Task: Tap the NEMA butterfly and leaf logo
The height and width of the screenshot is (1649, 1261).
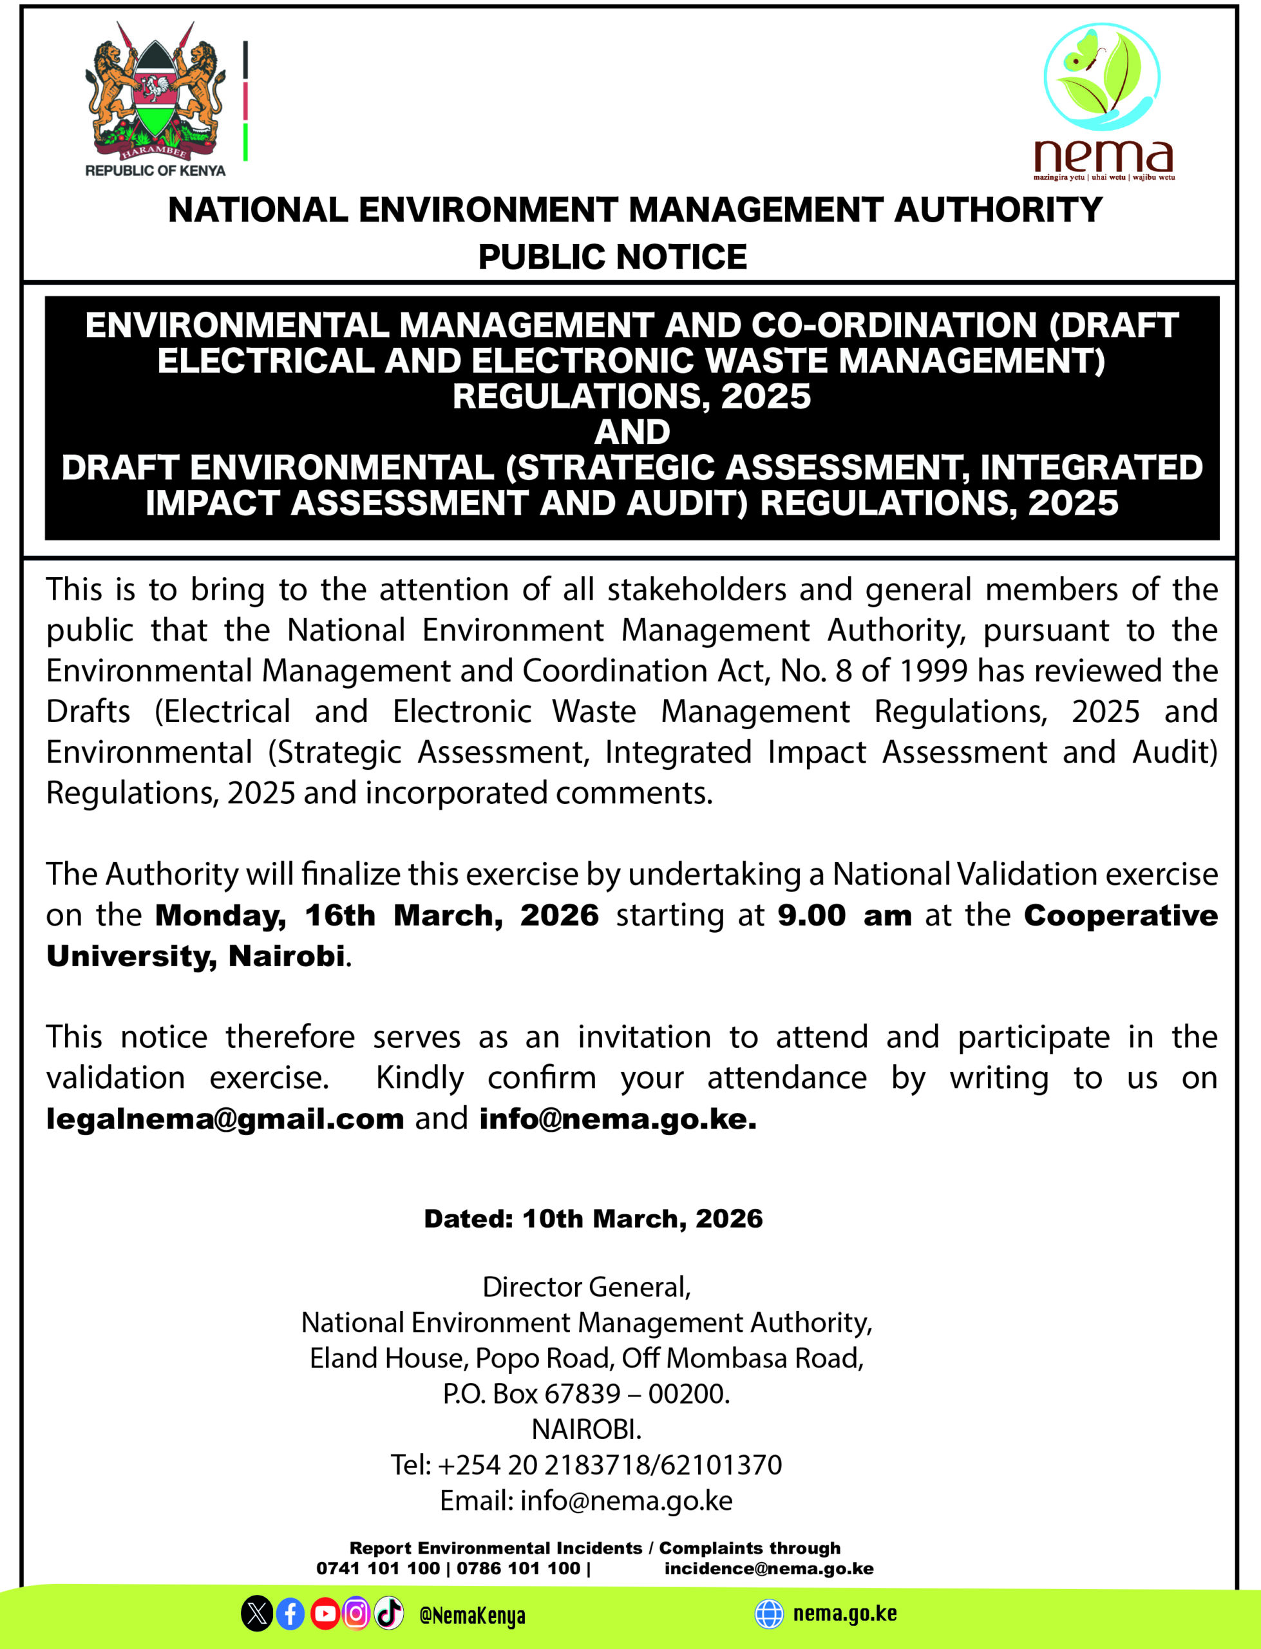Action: click(1101, 77)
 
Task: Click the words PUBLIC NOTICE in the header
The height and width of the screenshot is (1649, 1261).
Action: click(612, 257)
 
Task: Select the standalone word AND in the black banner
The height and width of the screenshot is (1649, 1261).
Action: click(632, 432)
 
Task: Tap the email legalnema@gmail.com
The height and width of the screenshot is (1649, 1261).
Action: click(225, 1119)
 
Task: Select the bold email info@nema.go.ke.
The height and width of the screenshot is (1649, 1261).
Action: click(618, 1119)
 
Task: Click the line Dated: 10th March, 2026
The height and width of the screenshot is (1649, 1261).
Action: click(593, 1219)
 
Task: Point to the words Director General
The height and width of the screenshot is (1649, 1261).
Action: click(586, 1287)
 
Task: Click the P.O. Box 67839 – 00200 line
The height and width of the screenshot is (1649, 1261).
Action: click(586, 1394)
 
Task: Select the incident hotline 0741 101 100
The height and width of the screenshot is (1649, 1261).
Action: click(377, 1568)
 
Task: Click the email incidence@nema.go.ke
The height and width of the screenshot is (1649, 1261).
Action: click(768, 1568)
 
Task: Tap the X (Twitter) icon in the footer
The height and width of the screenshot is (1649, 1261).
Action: click(257, 1614)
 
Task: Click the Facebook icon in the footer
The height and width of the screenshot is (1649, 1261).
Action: click(290, 1614)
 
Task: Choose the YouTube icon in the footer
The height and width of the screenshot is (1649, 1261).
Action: click(324, 1614)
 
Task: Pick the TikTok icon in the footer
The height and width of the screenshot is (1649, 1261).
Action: click(389, 1614)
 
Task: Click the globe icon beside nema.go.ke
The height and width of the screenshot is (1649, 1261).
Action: click(768, 1614)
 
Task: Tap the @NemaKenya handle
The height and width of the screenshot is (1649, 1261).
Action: click(472, 1616)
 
